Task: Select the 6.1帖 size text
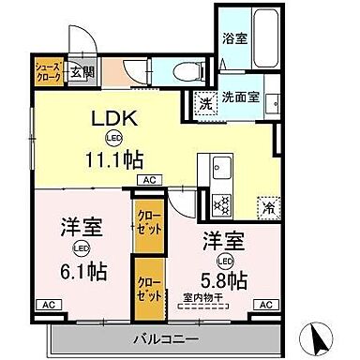(85, 273)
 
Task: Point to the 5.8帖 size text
(225, 280)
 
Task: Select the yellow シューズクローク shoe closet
(49, 71)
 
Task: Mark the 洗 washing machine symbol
(204, 102)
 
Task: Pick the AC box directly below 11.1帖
(149, 178)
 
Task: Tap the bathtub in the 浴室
(259, 38)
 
